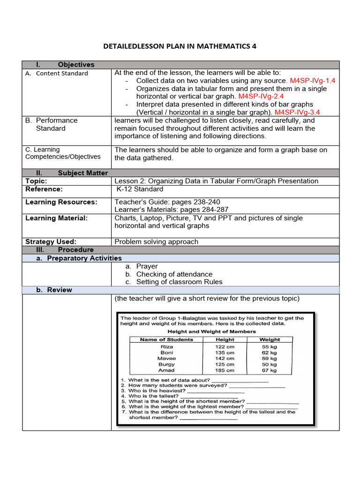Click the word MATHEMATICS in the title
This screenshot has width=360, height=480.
pyautogui.click(x=220, y=46)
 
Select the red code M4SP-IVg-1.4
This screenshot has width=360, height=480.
pyautogui.click(x=313, y=81)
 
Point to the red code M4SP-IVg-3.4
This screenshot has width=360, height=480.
pyautogui.click(x=305, y=112)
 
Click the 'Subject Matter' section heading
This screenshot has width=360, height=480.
pyautogui.click(x=82, y=173)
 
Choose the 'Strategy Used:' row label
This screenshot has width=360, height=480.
pyautogui.click(x=51, y=241)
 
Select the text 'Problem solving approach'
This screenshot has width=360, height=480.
pyautogui.click(x=156, y=241)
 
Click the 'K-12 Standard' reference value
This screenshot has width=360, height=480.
pyautogui.click(x=140, y=189)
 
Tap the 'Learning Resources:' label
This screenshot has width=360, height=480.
pyautogui.click(x=61, y=202)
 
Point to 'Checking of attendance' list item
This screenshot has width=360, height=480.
pyautogui.click(x=174, y=274)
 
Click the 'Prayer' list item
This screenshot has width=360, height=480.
pyautogui.click(x=147, y=266)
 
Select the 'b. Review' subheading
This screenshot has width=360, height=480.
pyautogui.click(x=54, y=290)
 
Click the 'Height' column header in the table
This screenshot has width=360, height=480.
pyautogui.click(x=225, y=339)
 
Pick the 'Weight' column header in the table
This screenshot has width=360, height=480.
pyautogui.click(x=270, y=339)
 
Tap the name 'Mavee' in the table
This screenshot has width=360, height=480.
pyautogui.click(x=166, y=358)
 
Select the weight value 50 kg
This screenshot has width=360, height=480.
pyautogui.click(x=270, y=364)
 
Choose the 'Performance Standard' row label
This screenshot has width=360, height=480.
pyautogui.click(x=51, y=124)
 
